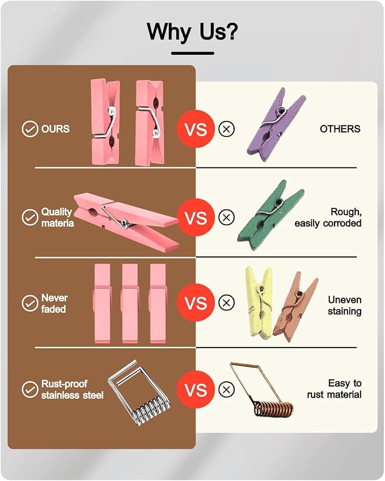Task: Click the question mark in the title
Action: tap(230, 31)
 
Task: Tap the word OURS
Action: tap(56, 129)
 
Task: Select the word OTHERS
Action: tap(340, 129)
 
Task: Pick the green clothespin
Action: tap(270, 214)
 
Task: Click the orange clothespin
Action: tap(295, 307)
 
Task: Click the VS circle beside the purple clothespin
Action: tap(196, 129)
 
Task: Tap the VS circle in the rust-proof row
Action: tap(196, 389)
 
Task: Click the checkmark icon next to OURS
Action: tap(30, 129)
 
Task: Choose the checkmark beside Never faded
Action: tap(30, 303)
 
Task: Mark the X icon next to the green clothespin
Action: tap(226, 217)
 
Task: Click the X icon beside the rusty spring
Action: tap(226, 389)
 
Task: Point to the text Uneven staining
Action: tap(344, 306)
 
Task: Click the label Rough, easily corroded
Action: tap(328, 217)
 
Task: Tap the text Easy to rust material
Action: tap(334, 389)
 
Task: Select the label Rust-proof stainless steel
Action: tap(72, 389)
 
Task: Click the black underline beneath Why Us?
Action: tap(193, 53)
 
